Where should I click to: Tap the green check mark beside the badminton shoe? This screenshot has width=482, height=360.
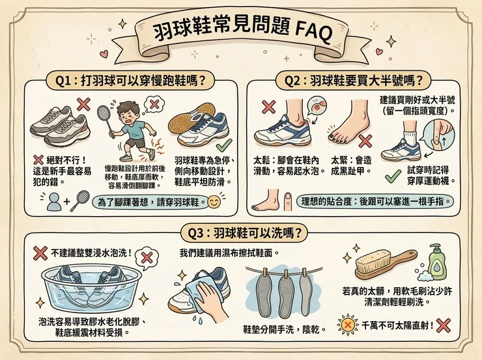223,145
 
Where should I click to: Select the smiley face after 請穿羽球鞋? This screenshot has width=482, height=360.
212,202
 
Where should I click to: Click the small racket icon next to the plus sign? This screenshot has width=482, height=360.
79,199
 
